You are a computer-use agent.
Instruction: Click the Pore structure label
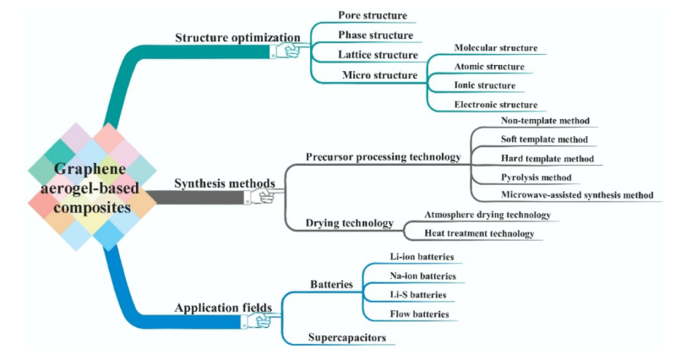373,16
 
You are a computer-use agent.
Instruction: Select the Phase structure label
375,35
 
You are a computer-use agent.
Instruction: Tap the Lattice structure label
378,55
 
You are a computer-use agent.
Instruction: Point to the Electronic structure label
496,105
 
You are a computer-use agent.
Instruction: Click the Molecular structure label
496,48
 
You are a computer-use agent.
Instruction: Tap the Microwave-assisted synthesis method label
571,195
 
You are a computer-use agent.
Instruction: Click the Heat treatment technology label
479,234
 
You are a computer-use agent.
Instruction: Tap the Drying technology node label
349,224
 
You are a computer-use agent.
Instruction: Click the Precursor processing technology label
382,157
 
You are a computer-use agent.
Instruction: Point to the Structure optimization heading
237,38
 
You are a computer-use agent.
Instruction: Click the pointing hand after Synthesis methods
259,196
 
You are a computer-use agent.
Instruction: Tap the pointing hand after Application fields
256,321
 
